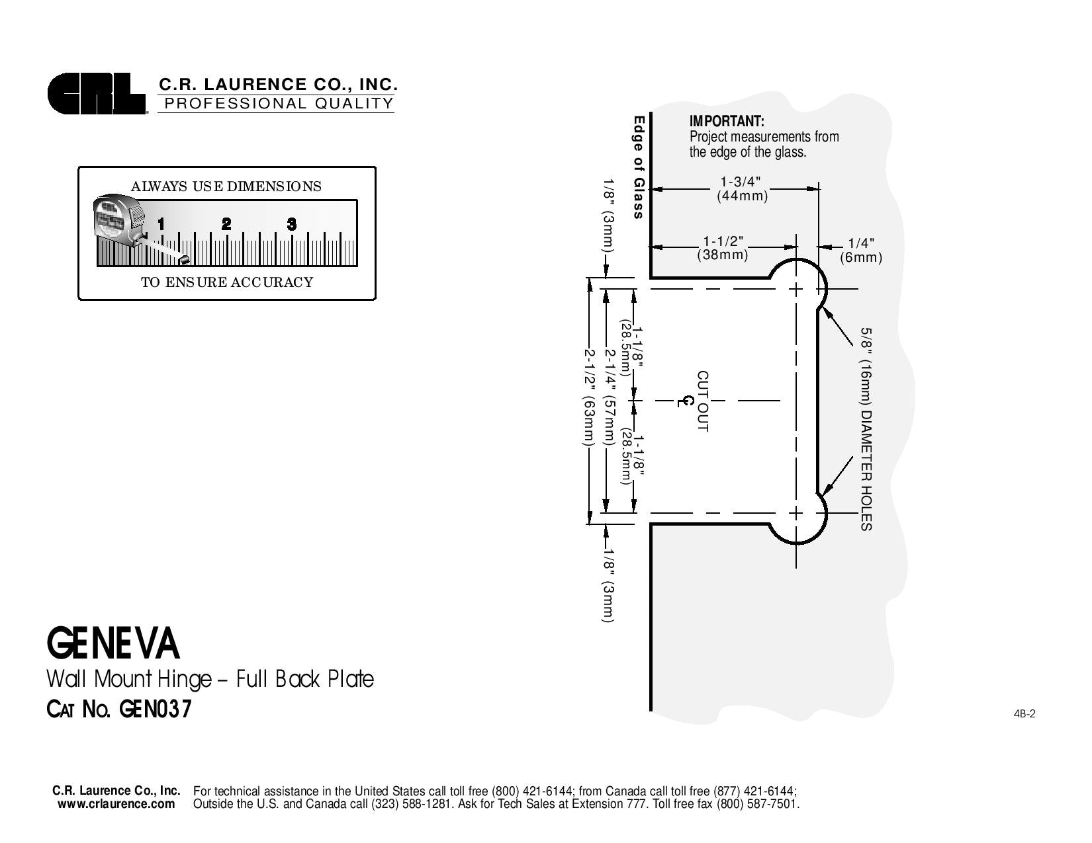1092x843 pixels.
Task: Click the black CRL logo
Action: click(96, 94)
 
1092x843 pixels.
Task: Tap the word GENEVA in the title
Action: click(113, 644)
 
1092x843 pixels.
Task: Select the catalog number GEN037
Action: click(156, 709)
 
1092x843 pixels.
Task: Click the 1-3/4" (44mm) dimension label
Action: click(743, 188)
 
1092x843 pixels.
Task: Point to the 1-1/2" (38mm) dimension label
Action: click(723, 248)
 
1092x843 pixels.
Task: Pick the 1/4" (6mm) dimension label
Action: click(861, 250)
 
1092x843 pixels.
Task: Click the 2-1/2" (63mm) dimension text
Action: click(589, 397)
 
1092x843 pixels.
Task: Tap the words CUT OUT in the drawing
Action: click(703, 401)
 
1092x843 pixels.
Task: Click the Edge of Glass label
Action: click(638, 167)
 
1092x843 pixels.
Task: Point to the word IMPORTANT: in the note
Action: click(727, 122)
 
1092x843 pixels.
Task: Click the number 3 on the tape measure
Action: click(291, 224)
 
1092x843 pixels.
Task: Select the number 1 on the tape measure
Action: click(161, 224)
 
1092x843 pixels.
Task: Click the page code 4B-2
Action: click(1024, 714)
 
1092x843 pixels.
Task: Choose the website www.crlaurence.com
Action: click(116, 804)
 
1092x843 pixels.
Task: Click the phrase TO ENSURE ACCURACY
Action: click(227, 282)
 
